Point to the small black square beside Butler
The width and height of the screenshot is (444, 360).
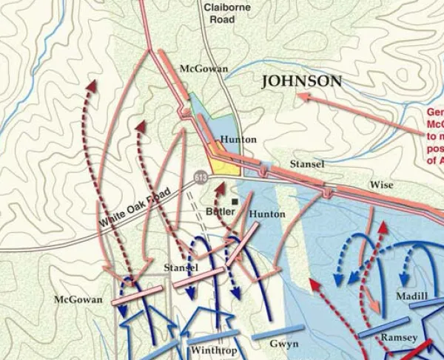point(235,200)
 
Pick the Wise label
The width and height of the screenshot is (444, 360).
point(381,185)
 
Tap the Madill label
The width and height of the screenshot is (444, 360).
point(412,295)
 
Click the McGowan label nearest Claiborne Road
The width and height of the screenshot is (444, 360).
point(201,69)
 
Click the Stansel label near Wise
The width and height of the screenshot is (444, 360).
point(306,164)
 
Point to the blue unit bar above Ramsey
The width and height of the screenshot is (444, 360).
point(384,326)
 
